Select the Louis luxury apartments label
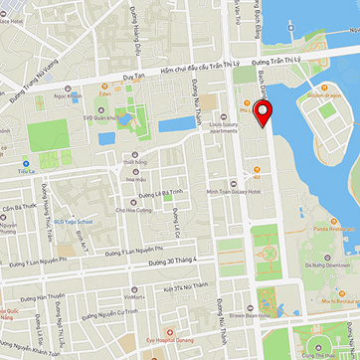224,127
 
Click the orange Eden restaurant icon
101,89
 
